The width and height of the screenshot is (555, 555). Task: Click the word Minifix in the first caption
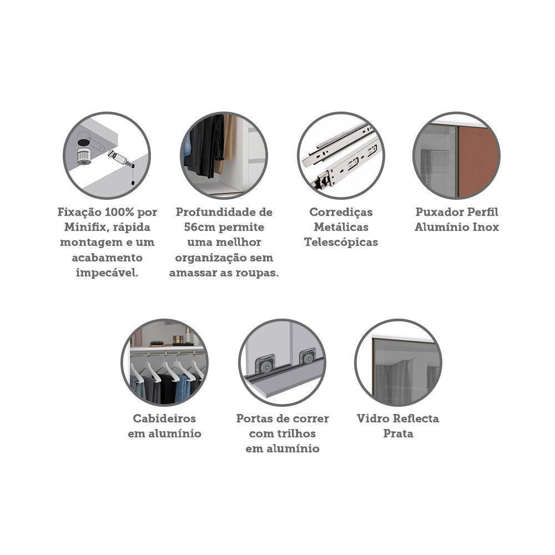pos(82,227)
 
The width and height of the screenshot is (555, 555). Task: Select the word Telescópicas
pos(341,242)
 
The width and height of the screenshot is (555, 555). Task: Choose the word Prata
pos(398,433)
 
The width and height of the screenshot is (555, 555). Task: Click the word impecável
pos(107,273)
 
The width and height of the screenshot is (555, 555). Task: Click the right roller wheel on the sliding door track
pos(306,356)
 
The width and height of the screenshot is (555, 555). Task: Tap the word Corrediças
pos(341,212)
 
